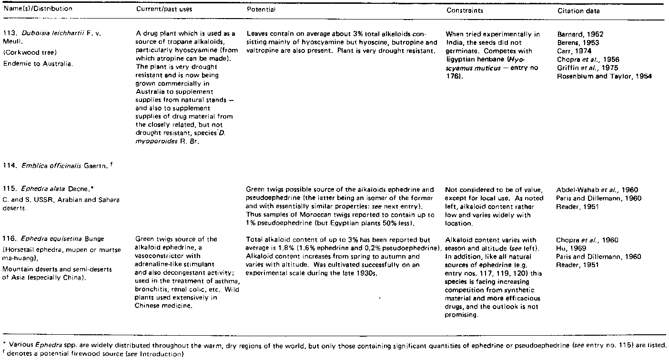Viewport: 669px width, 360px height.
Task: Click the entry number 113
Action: click(x=13, y=35)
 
